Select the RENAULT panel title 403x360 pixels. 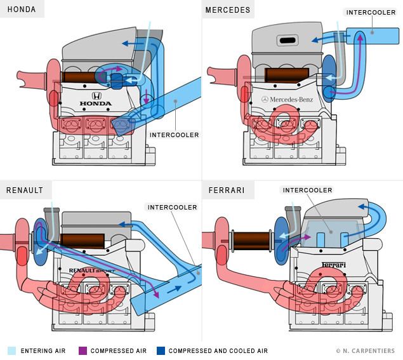tap(25, 190)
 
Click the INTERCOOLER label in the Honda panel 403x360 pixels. tap(175, 135)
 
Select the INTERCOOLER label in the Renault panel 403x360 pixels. tap(172, 207)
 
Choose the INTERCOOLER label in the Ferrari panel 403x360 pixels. tap(307, 190)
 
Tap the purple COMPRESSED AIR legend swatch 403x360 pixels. tap(83, 350)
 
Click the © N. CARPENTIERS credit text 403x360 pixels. tap(366, 350)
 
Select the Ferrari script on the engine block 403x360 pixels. tap(334, 264)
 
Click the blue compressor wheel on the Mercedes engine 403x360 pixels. tap(329, 78)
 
